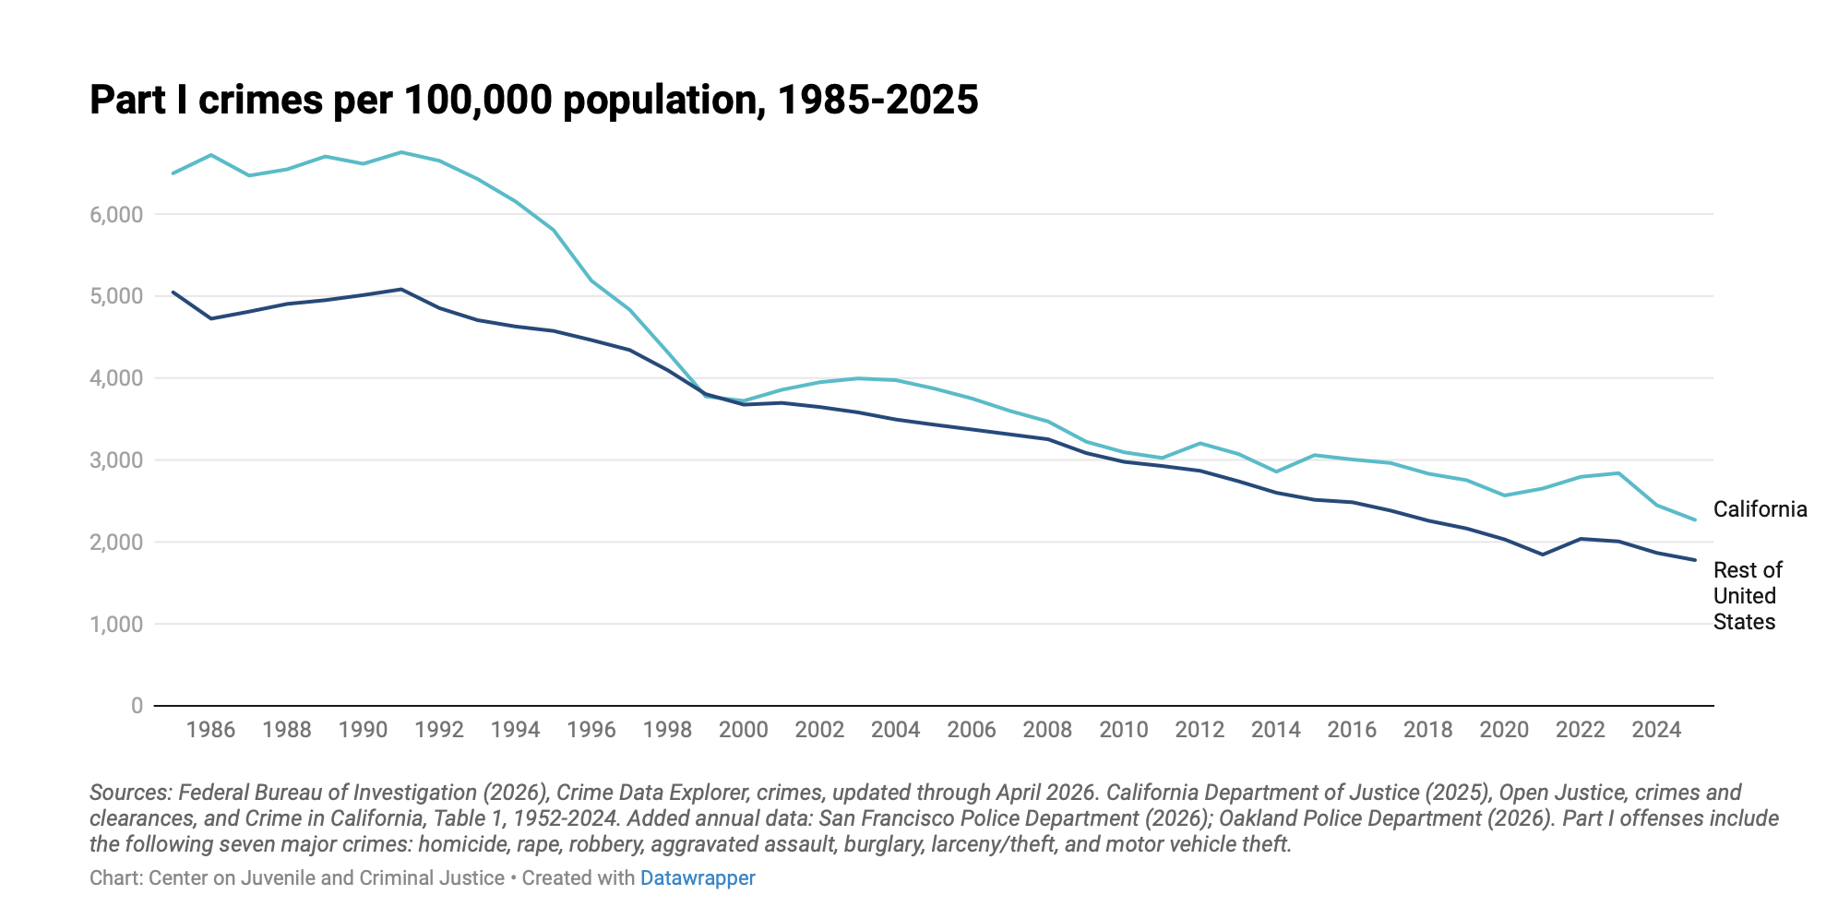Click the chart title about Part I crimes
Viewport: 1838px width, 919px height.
[533, 100]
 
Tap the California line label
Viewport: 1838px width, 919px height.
[1760, 509]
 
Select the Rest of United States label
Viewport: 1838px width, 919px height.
[1747, 596]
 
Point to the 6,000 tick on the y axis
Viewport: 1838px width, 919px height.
[116, 215]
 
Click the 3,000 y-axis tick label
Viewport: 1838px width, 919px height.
[116, 460]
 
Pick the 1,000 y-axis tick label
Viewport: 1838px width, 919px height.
[116, 625]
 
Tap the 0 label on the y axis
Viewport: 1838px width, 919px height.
[137, 706]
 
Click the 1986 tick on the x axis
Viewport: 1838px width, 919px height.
[210, 730]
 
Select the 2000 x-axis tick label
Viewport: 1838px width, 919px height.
[743, 730]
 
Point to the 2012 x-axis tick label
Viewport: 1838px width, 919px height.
[1199, 730]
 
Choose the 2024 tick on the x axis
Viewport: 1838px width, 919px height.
[1656, 730]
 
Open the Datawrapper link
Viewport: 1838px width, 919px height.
[698, 878]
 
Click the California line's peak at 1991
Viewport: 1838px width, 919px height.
[400, 152]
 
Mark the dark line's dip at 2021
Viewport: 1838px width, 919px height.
[1542, 555]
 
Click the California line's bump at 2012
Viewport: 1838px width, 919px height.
[1199, 443]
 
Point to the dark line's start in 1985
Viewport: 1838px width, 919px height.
[173, 292]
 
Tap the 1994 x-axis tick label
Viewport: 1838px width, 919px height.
[515, 730]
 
